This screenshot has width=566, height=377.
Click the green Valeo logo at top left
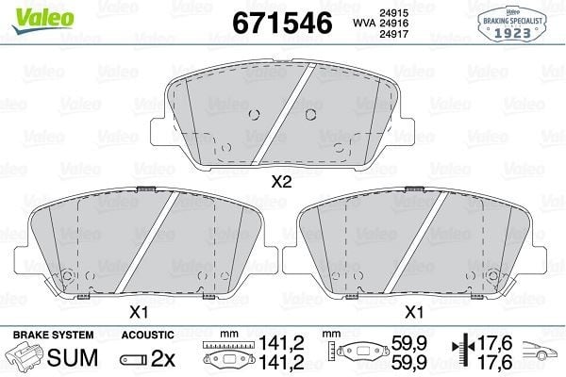(x=43, y=19)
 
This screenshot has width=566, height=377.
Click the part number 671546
(x=282, y=23)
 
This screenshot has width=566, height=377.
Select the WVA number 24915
(x=393, y=13)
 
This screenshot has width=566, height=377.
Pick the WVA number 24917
(x=393, y=34)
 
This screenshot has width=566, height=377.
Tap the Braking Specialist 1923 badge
(x=512, y=25)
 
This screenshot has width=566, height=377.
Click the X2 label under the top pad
(x=281, y=182)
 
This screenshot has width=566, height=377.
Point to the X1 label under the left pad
(x=139, y=312)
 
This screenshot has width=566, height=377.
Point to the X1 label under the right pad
(x=414, y=312)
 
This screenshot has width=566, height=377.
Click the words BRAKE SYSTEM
(x=54, y=335)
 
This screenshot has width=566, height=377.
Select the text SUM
(x=73, y=357)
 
